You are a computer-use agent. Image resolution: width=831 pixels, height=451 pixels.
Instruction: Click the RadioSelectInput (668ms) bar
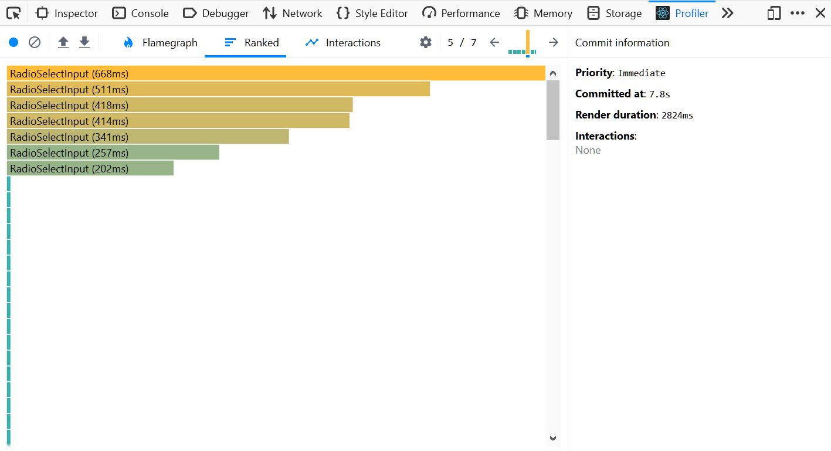(x=276, y=73)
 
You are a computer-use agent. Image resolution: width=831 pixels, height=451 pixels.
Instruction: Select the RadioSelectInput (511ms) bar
(x=218, y=89)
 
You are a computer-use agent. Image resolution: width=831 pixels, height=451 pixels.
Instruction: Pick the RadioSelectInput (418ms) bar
(x=179, y=105)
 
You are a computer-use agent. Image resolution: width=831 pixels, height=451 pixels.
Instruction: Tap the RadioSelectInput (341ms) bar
(x=148, y=137)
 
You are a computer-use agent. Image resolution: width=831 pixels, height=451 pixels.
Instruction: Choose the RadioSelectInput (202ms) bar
(x=90, y=168)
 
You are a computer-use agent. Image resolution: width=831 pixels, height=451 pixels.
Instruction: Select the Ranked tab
(x=252, y=43)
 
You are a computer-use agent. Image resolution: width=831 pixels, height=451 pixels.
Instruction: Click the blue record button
(x=13, y=42)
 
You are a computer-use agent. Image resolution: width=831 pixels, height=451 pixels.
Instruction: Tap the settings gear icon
(x=426, y=42)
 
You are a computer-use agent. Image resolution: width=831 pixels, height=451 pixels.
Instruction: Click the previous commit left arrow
(x=494, y=42)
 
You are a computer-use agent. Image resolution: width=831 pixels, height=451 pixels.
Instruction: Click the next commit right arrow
(x=553, y=42)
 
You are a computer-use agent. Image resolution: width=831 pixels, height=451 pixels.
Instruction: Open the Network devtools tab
(x=293, y=13)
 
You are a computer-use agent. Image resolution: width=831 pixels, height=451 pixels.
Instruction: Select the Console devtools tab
(x=141, y=13)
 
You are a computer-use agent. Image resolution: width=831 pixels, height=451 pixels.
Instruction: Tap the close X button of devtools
(x=820, y=13)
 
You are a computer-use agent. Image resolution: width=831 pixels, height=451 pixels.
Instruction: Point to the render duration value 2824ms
(x=677, y=115)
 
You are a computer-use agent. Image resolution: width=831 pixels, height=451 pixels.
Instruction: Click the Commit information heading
(x=622, y=43)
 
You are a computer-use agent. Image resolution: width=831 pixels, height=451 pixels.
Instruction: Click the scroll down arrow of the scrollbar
(x=552, y=438)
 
